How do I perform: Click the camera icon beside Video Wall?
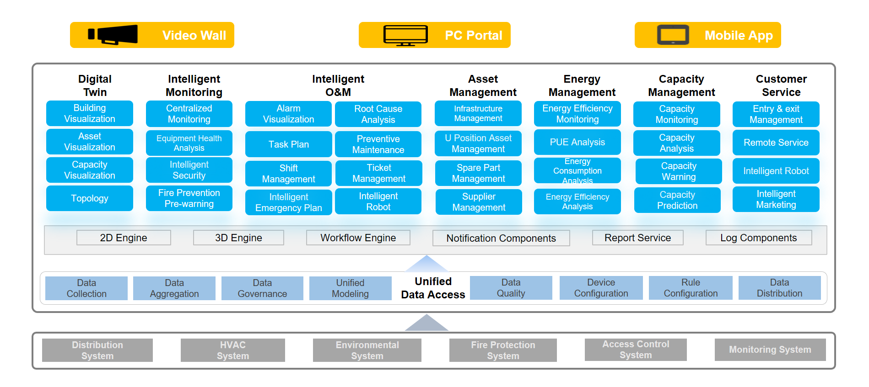click(113, 35)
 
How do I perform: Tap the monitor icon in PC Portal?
click(405, 35)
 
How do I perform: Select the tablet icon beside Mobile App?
click(673, 35)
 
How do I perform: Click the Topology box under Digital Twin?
click(90, 198)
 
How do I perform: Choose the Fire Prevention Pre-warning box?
click(189, 198)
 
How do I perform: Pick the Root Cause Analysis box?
click(378, 114)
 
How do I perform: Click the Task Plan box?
click(288, 144)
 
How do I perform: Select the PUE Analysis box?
click(577, 142)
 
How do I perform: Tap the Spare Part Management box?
click(478, 173)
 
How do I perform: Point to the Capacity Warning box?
click(678, 171)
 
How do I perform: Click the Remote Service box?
click(776, 143)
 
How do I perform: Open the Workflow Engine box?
click(358, 238)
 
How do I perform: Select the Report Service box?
click(637, 238)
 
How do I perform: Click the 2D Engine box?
click(124, 238)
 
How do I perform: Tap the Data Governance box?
click(262, 288)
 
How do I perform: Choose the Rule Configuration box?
click(690, 288)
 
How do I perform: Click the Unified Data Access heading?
click(433, 288)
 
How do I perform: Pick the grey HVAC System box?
click(232, 350)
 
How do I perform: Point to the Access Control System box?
click(635, 350)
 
